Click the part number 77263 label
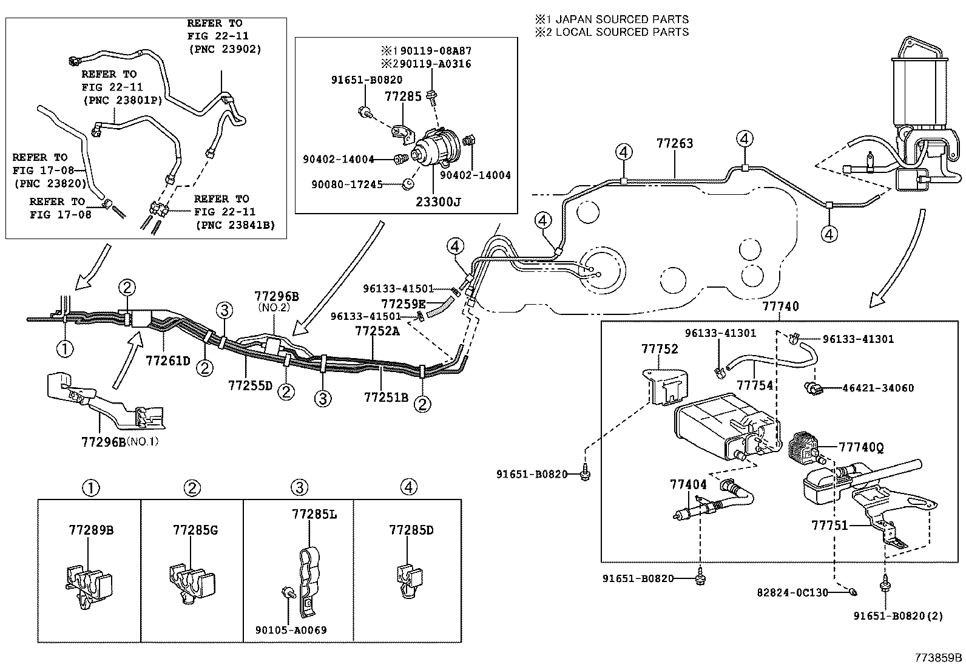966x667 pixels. coord(674,144)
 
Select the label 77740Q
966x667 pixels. coord(861,447)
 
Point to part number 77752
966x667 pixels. coord(660,349)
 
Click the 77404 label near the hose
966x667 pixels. coord(688,484)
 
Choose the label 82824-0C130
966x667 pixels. coord(792,592)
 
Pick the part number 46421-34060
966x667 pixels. coord(877,388)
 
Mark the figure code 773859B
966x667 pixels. coord(939,658)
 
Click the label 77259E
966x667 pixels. coord(404,303)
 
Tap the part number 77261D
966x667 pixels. coord(168,361)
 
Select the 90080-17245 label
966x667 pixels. coord(343,184)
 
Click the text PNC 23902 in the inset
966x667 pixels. coord(225,49)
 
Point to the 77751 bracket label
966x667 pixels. coord(829,525)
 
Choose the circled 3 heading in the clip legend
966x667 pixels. coord(299,487)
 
